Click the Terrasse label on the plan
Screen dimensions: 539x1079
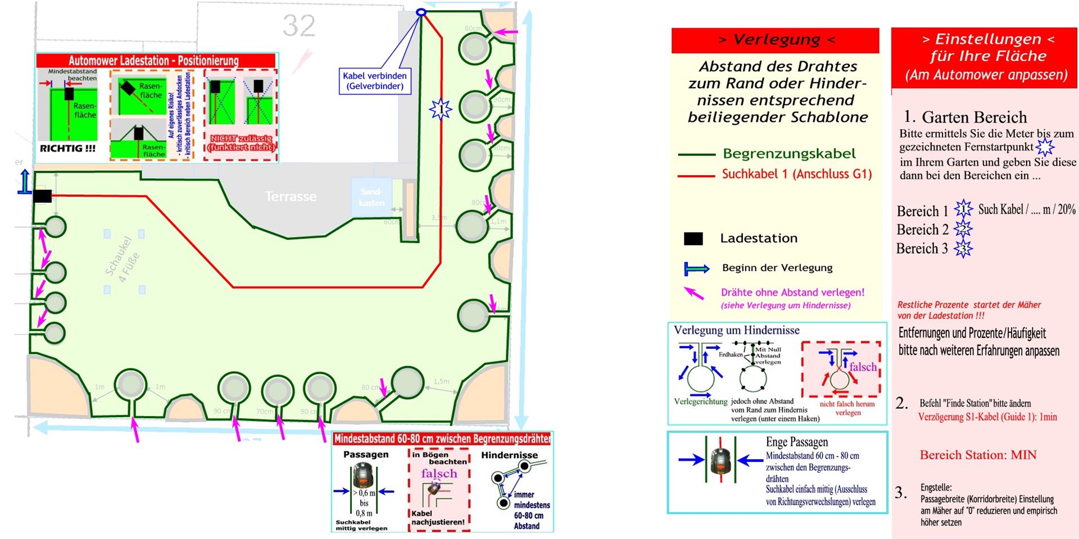(x=291, y=197)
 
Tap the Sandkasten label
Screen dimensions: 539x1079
(x=371, y=197)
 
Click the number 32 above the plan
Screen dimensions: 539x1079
(x=298, y=26)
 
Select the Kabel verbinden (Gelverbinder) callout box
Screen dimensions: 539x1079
(x=375, y=81)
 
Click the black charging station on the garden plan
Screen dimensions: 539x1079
(x=42, y=196)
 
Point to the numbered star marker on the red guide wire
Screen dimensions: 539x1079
(x=441, y=109)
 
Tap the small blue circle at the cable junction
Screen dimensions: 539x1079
(x=421, y=12)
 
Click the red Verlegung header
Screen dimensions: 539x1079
(x=775, y=40)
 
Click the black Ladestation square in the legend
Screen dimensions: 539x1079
(x=693, y=239)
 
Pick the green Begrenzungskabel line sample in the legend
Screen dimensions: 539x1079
(x=696, y=154)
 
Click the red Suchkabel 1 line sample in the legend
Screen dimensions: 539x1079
(x=696, y=176)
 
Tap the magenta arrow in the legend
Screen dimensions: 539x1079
(x=694, y=293)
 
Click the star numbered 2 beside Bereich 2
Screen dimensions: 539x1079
(x=963, y=229)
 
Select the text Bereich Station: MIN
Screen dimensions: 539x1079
(x=978, y=455)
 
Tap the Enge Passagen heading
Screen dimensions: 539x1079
(x=796, y=442)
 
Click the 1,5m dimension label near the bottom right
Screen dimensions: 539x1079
(x=441, y=382)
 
